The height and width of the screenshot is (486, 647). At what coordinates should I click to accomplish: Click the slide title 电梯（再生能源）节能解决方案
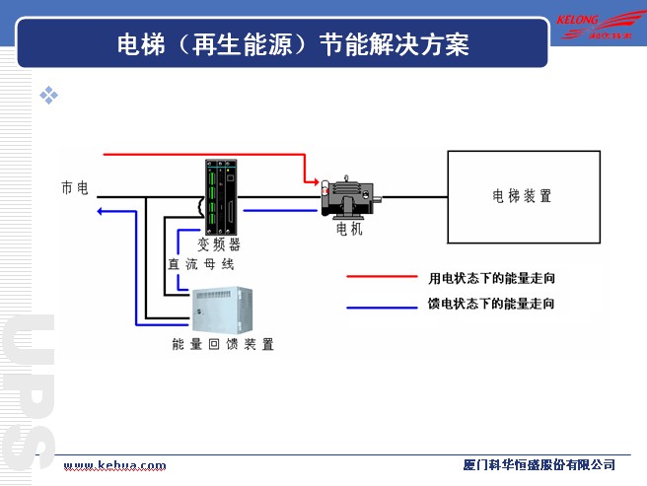click(x=291, y=44)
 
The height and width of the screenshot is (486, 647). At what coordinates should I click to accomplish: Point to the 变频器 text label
click(x=219, y=243)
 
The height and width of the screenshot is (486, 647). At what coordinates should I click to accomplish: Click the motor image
click(x=348, y=195)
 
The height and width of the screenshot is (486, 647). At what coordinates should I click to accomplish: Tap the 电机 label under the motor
click(x=350, y=229)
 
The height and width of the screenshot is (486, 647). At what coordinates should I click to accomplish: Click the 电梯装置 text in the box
click(x=523, y=196)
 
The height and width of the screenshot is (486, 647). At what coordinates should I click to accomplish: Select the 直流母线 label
click(x=200, y=264)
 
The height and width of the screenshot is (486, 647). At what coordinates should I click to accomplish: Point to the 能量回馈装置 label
click(x=223, y=344)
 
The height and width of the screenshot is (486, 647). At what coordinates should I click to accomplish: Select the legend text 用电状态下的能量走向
click(x=491, y=279)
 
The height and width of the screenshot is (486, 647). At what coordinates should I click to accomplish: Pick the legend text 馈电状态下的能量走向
click(x=491, y=305)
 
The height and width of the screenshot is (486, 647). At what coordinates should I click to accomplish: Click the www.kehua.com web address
click(x=114, y=465)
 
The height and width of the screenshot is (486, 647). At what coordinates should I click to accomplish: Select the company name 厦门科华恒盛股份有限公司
click(x=539, y=465)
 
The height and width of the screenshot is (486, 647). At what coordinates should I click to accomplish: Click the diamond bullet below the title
click(x=48, y=95)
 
